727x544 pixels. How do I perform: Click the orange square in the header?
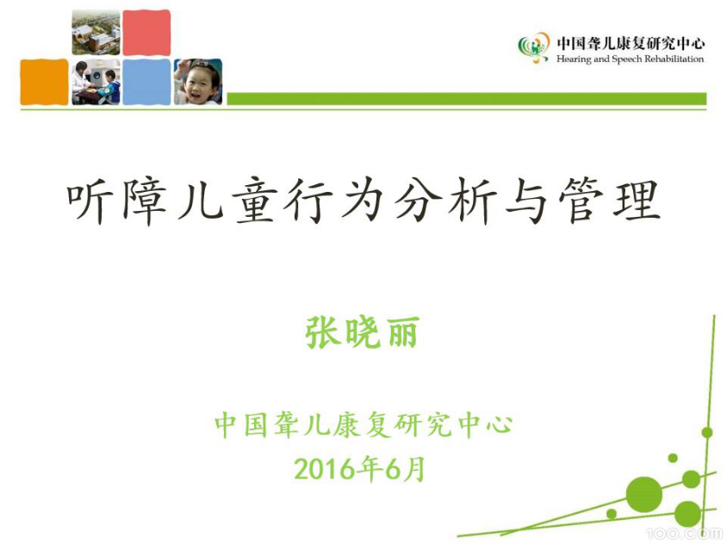(x=44, y=82)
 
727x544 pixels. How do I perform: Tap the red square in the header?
(x=146, y=33)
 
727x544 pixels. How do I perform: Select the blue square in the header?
(x=146, y=82)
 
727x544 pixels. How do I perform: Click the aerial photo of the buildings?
(x=96, y=33)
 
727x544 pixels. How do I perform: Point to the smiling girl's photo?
(x=198, y=82)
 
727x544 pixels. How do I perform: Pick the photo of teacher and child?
(x=96, y=82)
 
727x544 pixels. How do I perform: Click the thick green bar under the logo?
(x=466, y=99)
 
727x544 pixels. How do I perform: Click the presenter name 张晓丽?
(x=362, y=331)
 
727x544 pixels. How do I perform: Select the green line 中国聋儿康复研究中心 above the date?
(x=363, y=424)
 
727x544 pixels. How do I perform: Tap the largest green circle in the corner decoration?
(x=643, y=494)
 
